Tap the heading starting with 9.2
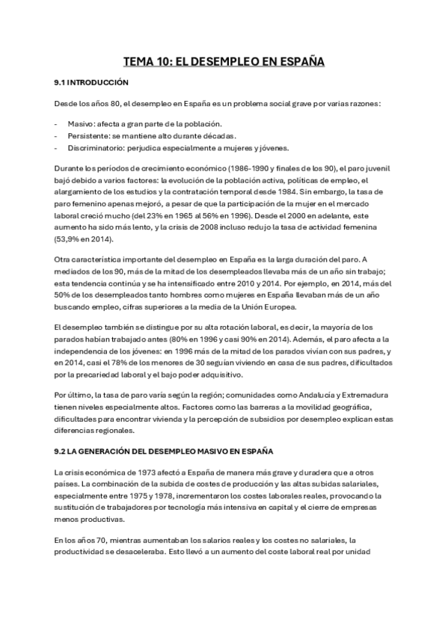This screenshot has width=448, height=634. click(164, 452)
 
